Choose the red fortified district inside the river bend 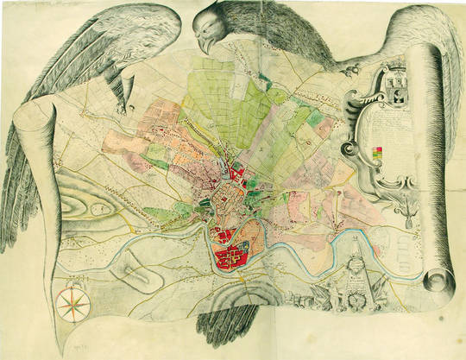tap(234, 256)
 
